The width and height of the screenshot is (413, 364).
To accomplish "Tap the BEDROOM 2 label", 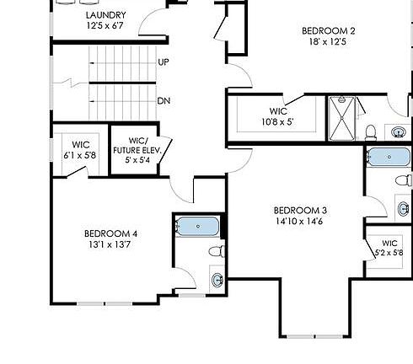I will (329, 31).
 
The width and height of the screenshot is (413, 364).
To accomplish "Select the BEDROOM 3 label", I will (300, 210).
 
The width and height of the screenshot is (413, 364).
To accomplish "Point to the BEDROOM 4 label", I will (110, 233).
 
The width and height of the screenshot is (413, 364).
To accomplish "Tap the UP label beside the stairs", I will (164, 62).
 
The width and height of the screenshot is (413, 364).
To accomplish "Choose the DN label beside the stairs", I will (164, 101).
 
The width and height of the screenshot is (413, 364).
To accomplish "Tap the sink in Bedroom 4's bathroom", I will (217, 279).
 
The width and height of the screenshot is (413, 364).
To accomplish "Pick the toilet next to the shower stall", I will (371, 131).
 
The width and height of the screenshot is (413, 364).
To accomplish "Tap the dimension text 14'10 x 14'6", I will (300, 222).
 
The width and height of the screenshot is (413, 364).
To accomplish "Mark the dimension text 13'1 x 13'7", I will (110, 245).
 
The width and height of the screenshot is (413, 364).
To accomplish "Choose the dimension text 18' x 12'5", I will (329, 43).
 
